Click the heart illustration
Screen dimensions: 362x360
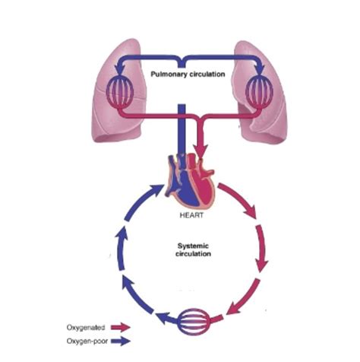[190, 182]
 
